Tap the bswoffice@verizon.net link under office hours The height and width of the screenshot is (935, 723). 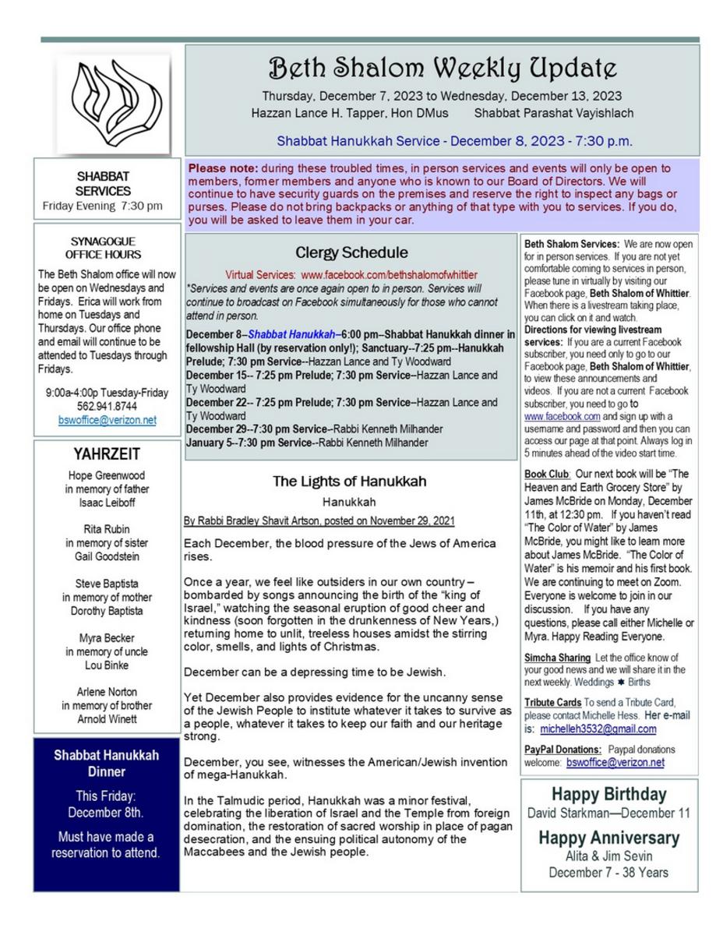click(x=107, y=420)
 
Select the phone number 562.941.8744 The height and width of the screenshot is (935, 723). click(x=107, y=406)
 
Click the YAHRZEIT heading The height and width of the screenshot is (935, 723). click(x=107, y=454)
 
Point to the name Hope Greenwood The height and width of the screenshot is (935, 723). click(x=107, y=475)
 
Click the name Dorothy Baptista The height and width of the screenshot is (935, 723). click(x=107, y=611)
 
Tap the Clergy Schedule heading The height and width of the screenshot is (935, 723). click(x=351, y=252)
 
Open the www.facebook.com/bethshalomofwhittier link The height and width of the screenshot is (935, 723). click(x=389, y=275)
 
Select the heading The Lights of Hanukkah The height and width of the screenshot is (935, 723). click(x=349, y=482)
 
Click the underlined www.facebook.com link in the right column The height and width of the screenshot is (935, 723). click(x=552, y=416)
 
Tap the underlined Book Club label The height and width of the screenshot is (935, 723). click(x=547, y=474)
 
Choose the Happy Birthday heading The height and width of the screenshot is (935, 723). click(x=608, y=794)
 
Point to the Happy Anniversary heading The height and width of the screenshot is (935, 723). click(x=608, y=838)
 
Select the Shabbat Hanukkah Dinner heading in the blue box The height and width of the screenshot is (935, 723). click(x=107, y=763)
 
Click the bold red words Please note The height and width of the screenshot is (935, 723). click(x=223, y=168)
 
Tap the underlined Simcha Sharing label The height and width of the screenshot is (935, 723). click(x=557, y=658)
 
